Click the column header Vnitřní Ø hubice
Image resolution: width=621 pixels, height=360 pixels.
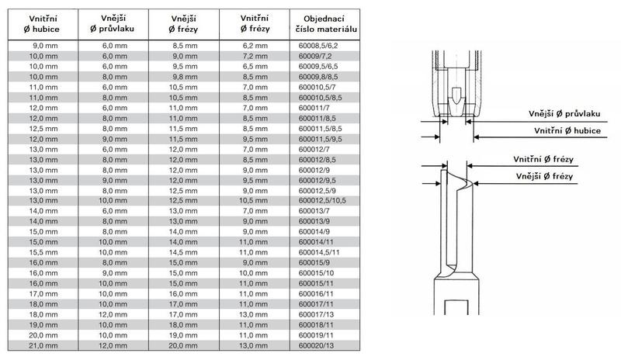43,24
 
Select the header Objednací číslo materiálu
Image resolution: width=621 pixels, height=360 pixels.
324,24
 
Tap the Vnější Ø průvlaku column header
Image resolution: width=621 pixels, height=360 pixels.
113,23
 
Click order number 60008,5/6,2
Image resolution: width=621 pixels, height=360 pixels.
318,46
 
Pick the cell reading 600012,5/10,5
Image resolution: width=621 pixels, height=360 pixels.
322,200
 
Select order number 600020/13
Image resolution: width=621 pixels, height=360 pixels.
316,345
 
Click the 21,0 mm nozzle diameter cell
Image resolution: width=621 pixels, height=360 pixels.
43,345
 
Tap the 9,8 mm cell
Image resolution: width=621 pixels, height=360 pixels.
185,77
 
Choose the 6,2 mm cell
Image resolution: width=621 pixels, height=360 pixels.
255,46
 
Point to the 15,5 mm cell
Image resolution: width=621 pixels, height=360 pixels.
43,252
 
